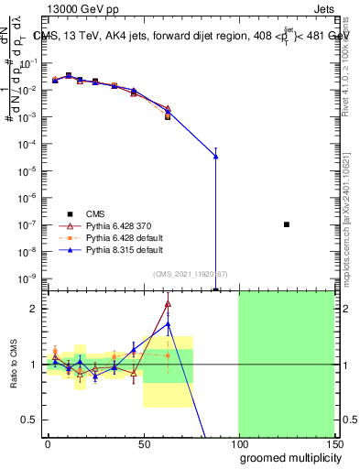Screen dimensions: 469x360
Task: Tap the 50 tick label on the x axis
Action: [x=143, y=443]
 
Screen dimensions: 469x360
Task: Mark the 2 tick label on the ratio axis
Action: [x=34, y=309]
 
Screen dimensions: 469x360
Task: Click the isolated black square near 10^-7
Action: [x=287, y=224]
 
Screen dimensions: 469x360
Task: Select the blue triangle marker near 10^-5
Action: [x=215, y=157]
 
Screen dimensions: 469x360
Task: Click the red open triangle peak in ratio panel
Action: [x=168, y=304]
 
